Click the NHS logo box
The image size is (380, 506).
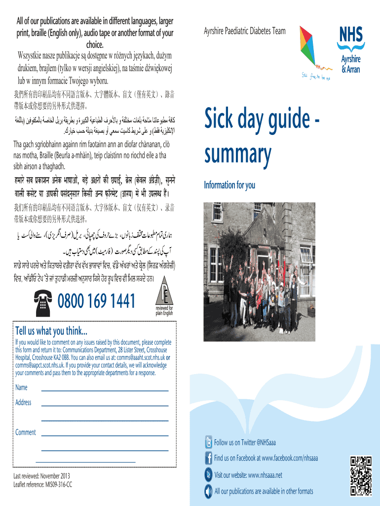(x=350, y=35)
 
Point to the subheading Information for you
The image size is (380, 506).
(x=229, y=185)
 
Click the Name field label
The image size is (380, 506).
(x=21, y=387)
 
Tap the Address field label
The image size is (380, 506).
(x=23, y=402)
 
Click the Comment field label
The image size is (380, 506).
(x=25, y=432)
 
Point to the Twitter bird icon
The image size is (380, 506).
(x=208, y=442)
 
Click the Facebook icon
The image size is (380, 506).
(x=208, y=458)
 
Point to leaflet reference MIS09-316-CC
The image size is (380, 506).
(x=43, y=485)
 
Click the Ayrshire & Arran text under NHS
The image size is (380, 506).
(x=351, y=64)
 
